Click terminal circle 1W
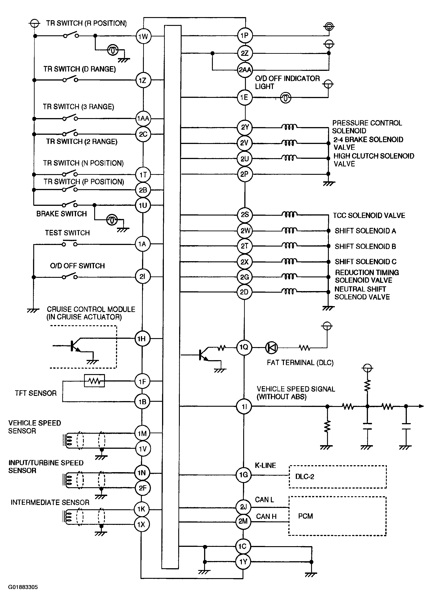tap(143, 36)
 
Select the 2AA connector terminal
tap(245, 70)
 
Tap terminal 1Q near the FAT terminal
tap(244, 347)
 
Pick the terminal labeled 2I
tap(143, 276)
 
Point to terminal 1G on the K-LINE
tap(243, 475)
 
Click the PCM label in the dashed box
tap(305, 516)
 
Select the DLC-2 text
tap(305, 476)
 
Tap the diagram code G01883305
tap(23, 587)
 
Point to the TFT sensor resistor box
tap(94, 381)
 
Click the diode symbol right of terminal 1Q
tap(271, 348)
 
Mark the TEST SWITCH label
tap(67, 233)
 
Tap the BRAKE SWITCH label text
tap(61, 214)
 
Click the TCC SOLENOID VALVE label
tap(369, 215)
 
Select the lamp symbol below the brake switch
tap(112, 220)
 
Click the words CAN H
tap(266, 516)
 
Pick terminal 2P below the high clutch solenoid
tap(245, 174)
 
